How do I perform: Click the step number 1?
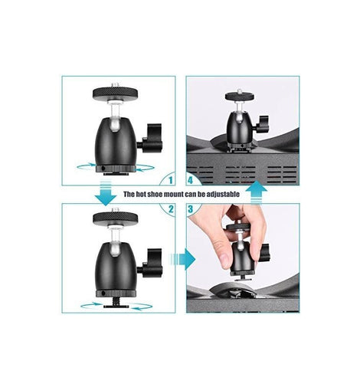(x=171, y=180)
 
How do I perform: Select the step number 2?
(x=171, y=209)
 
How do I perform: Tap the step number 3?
(x=191, y=209)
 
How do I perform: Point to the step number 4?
(x=190, y=180)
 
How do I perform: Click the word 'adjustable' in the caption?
(x=223, y=195)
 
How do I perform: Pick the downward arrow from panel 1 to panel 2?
(x=106, y=193)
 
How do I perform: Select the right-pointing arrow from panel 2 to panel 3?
(x=182, y=259)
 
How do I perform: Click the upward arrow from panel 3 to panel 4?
(x=256, y=192)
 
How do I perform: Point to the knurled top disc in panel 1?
(x=116, y=93)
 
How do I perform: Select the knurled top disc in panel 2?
(x=116, y=218)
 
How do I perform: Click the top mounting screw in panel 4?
(x=240, y=91)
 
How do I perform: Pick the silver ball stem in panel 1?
(x=114, y=116)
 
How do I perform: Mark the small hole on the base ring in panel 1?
(x=103, y=169)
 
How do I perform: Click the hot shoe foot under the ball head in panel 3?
(x=241, y=278)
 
